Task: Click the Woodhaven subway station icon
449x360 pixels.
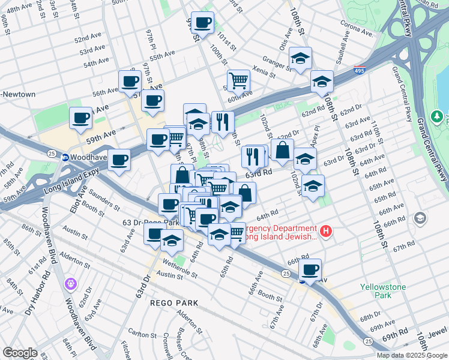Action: (x=64, y=157)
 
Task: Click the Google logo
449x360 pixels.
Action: (x=20, y=353)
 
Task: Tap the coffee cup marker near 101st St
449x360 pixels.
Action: (x=203, y=23)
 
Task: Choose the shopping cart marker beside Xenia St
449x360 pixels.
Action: (x=238, y=80)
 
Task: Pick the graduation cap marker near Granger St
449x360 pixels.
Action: (x=300, y=58)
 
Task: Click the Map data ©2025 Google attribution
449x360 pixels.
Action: (x=411, y=355)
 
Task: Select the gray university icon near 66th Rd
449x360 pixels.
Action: (x=420, y=218)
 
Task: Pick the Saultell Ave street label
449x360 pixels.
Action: (x=343, y=44)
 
